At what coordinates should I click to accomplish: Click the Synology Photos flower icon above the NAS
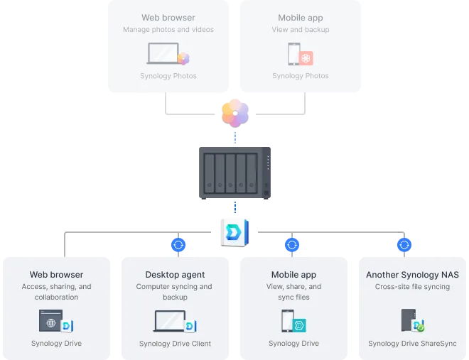point(235,113)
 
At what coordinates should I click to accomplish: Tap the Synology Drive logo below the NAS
point(234,233)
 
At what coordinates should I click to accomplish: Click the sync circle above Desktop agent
point(178,245)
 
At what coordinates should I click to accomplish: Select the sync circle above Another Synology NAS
point(404,245)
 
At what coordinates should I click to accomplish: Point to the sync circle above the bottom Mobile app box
point(292,245)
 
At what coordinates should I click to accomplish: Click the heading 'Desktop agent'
point(175,275)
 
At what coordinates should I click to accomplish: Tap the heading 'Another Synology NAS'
point(412,275)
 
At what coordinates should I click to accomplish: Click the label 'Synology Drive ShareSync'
point(412,344)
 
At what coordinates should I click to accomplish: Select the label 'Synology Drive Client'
point(175,344)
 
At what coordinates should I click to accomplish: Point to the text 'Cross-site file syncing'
point(412,286)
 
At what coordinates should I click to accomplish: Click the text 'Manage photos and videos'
point(168,30)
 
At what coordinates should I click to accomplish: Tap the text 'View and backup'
point(301,30)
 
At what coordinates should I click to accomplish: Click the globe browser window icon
point(51,320)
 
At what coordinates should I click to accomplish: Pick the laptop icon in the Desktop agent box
point(170,321)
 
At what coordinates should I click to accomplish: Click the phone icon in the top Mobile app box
point(294,54)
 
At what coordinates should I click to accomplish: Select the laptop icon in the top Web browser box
point(163,53)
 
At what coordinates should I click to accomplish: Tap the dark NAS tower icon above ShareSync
point(409,320)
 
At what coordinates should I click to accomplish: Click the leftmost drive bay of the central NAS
point(210,173)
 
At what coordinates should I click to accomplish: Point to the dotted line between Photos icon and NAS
point(235,138)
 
